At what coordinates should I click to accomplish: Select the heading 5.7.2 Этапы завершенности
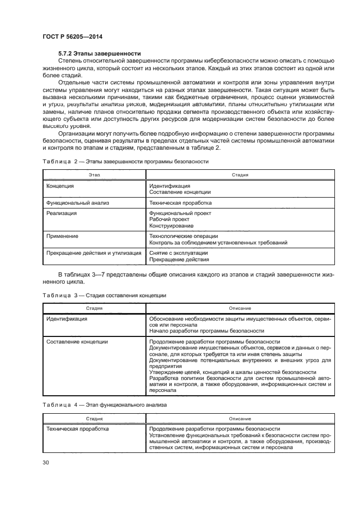[100, 53]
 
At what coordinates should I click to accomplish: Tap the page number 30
[46, 463]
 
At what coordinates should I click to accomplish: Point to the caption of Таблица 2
[125, 161]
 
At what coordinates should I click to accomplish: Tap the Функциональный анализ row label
[78, 203]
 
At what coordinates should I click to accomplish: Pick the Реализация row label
[62, 213]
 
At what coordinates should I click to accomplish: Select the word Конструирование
[170, 225]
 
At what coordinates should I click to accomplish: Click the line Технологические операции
[183, 236]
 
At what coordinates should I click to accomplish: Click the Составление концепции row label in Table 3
[77, 342]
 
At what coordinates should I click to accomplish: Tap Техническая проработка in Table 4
[77, 429]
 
